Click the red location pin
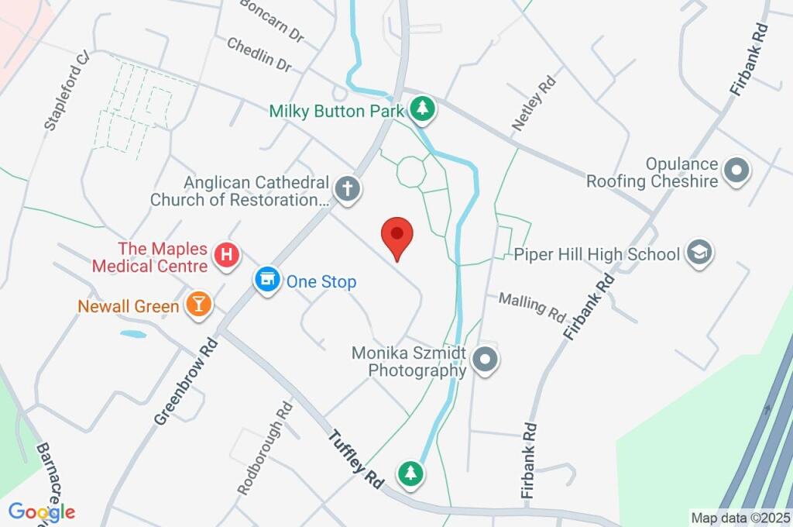[x=397, y=236]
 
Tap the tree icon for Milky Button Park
[x=422, y=109]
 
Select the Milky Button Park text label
[x=336, y=112]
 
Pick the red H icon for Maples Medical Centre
[x=227, y=254]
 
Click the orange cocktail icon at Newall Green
[x=198, y=305]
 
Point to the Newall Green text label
[x=129, y=306]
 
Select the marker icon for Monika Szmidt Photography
[x=486, y=360]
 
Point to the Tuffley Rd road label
[x=357, y=457]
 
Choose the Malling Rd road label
[x=532, y=307]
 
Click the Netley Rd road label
[x=534, y=102]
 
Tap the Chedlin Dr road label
[x=259, y=55]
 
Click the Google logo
[x=42, y=511]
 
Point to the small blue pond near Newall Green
[x=133, y=335]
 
